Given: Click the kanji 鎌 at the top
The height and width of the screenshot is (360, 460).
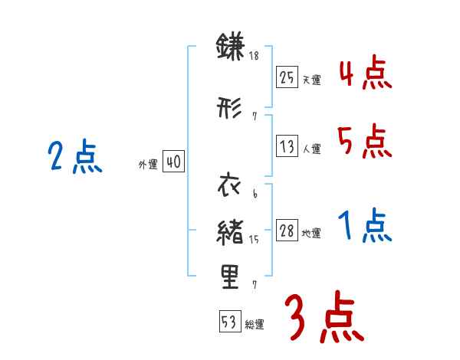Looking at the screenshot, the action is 230,48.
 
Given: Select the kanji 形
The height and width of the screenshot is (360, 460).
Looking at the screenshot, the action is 230,109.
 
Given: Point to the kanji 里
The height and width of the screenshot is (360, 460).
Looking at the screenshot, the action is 230,277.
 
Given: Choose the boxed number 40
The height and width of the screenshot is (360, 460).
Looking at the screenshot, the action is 173,162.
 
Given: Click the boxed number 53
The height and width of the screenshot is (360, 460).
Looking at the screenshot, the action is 229,322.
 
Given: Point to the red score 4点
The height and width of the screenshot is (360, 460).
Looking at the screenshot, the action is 365,74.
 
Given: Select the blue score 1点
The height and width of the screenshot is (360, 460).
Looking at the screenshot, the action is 365,227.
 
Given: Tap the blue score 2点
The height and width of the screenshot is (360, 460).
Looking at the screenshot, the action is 75,159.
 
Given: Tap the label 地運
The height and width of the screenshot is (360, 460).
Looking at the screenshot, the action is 311,234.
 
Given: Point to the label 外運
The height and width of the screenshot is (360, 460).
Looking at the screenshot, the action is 148,165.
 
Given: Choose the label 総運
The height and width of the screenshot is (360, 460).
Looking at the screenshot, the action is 255,325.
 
